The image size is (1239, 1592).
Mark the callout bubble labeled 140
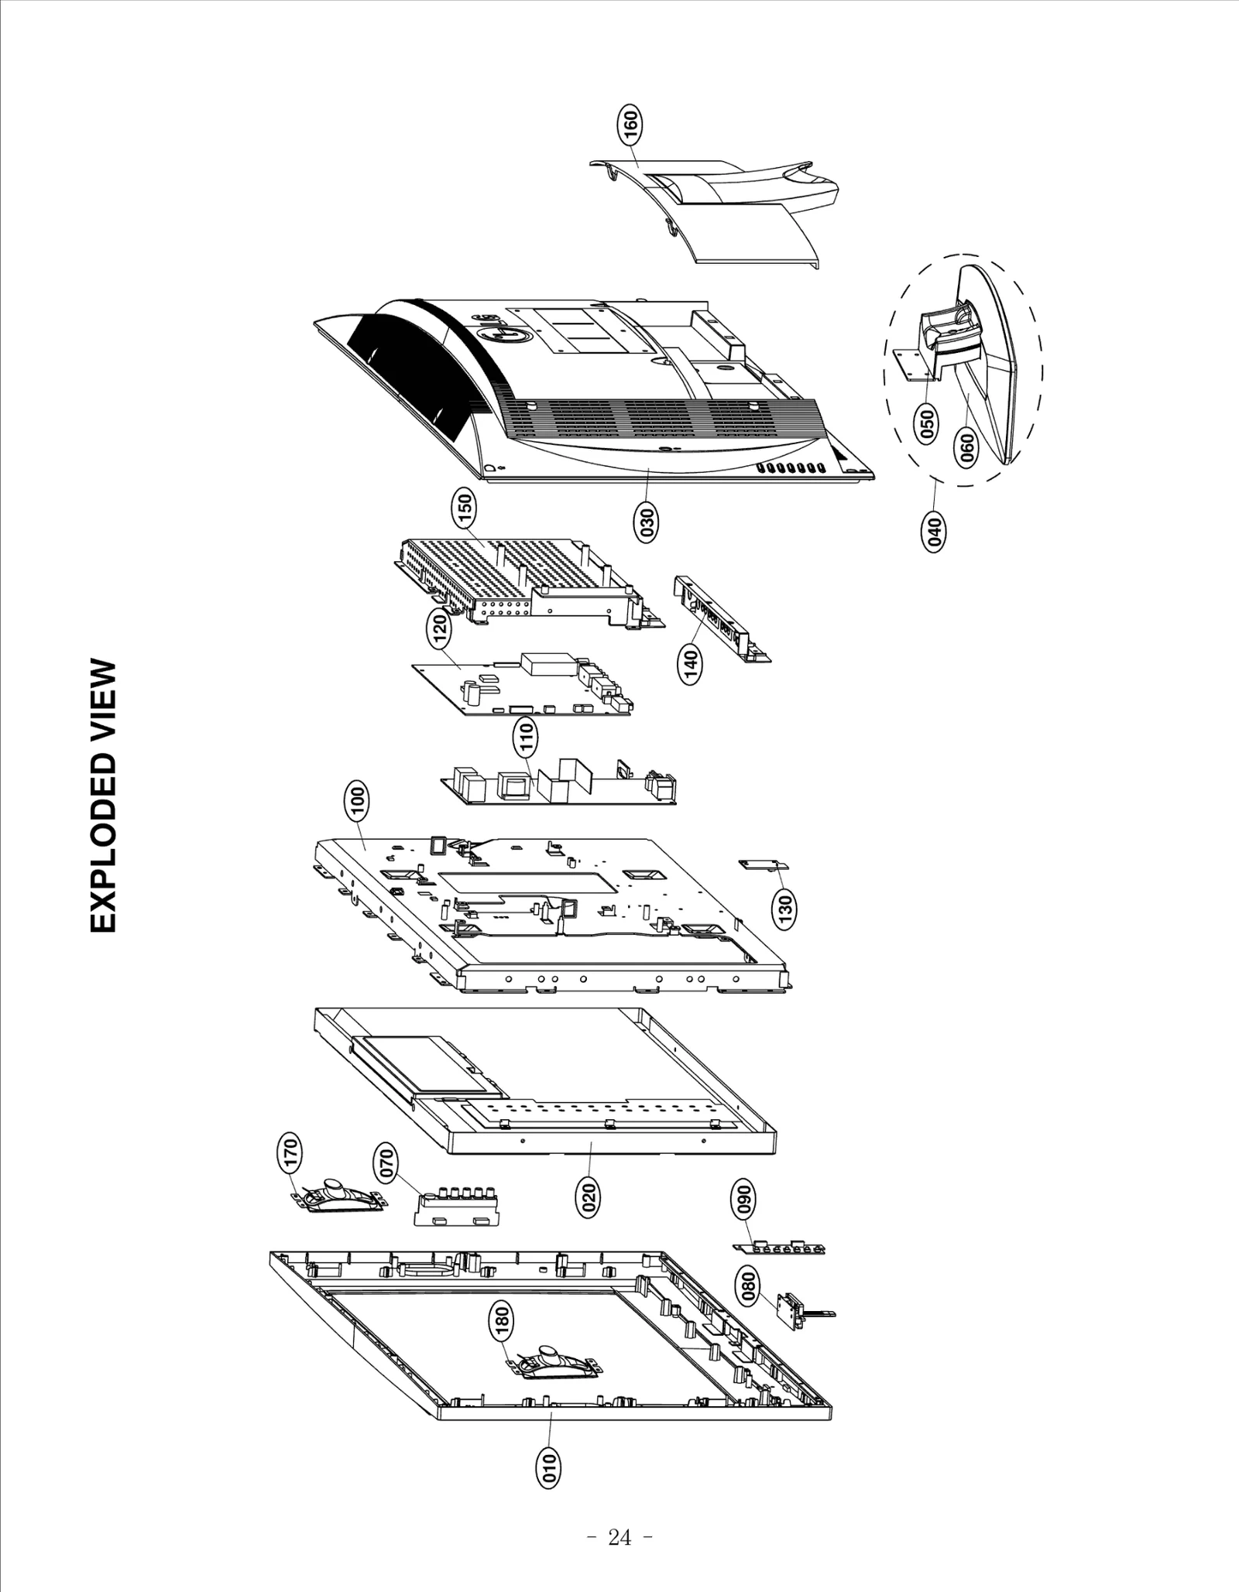(691, 664)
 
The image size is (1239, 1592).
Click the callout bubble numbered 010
(548, 1467)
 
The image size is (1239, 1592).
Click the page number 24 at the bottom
(619, 1538)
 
